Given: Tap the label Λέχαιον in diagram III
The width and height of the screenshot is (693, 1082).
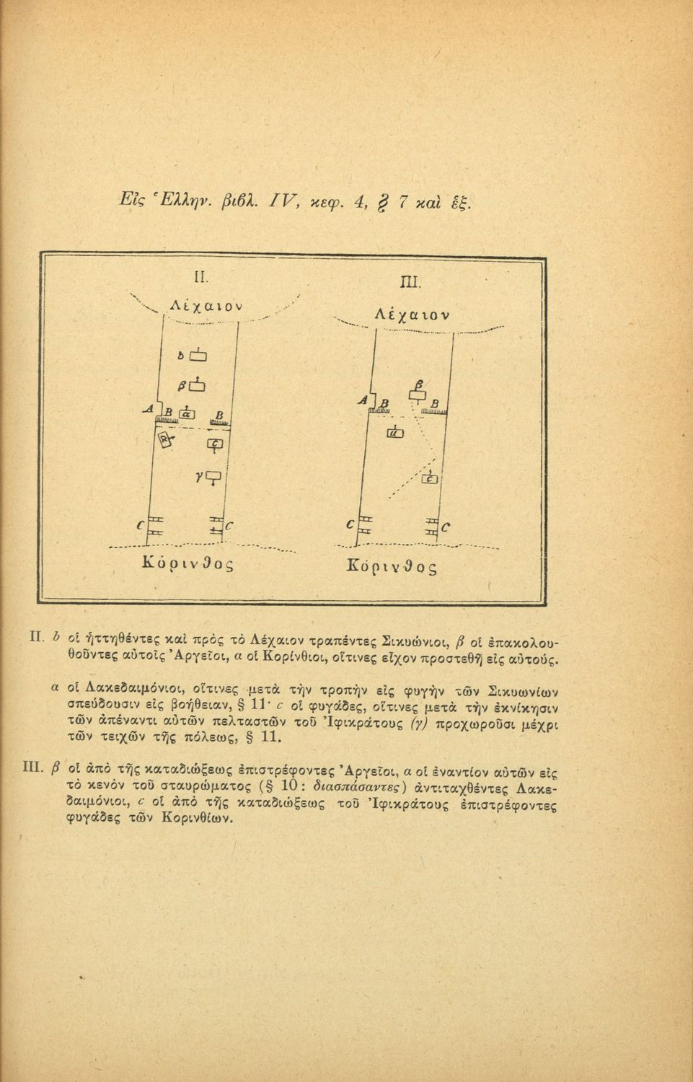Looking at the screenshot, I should pos(412,315).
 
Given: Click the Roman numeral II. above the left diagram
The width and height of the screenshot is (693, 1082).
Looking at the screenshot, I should pos(200,276).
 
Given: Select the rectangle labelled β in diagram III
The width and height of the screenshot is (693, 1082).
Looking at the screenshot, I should pos(418,394).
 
